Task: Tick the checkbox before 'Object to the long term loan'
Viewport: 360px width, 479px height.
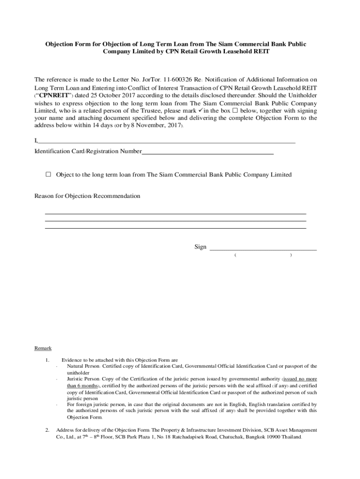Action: pos(48,174)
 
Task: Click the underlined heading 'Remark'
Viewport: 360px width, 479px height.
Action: pos(43,348)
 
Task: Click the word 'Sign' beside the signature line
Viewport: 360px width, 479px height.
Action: pos(200,247)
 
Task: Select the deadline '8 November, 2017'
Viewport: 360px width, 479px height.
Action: pos(158,126)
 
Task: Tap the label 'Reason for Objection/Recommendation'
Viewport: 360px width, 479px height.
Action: pos(87,196)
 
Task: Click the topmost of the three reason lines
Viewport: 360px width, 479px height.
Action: pos(175,213)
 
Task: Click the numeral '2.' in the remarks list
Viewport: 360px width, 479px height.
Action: pos(47,430)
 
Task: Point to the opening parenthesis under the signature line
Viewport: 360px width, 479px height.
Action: pos(236,255)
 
